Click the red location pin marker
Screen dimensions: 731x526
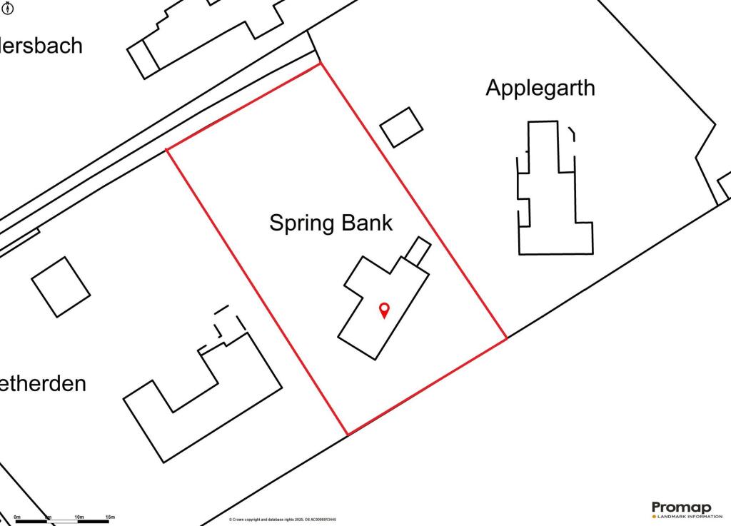384,310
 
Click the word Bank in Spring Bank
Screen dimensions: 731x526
367,223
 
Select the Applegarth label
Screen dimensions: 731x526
540,88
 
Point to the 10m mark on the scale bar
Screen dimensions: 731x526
79,516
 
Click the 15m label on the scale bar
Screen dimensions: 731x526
110,516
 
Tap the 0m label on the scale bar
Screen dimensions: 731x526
17,516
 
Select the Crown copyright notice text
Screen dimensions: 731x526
283,520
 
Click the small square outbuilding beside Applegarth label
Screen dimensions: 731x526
401,127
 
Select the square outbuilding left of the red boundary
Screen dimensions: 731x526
61,286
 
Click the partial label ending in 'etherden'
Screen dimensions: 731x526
43,383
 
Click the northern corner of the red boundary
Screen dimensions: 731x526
320,64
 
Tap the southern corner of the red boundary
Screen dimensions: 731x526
347,435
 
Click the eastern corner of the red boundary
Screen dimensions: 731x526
506,338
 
